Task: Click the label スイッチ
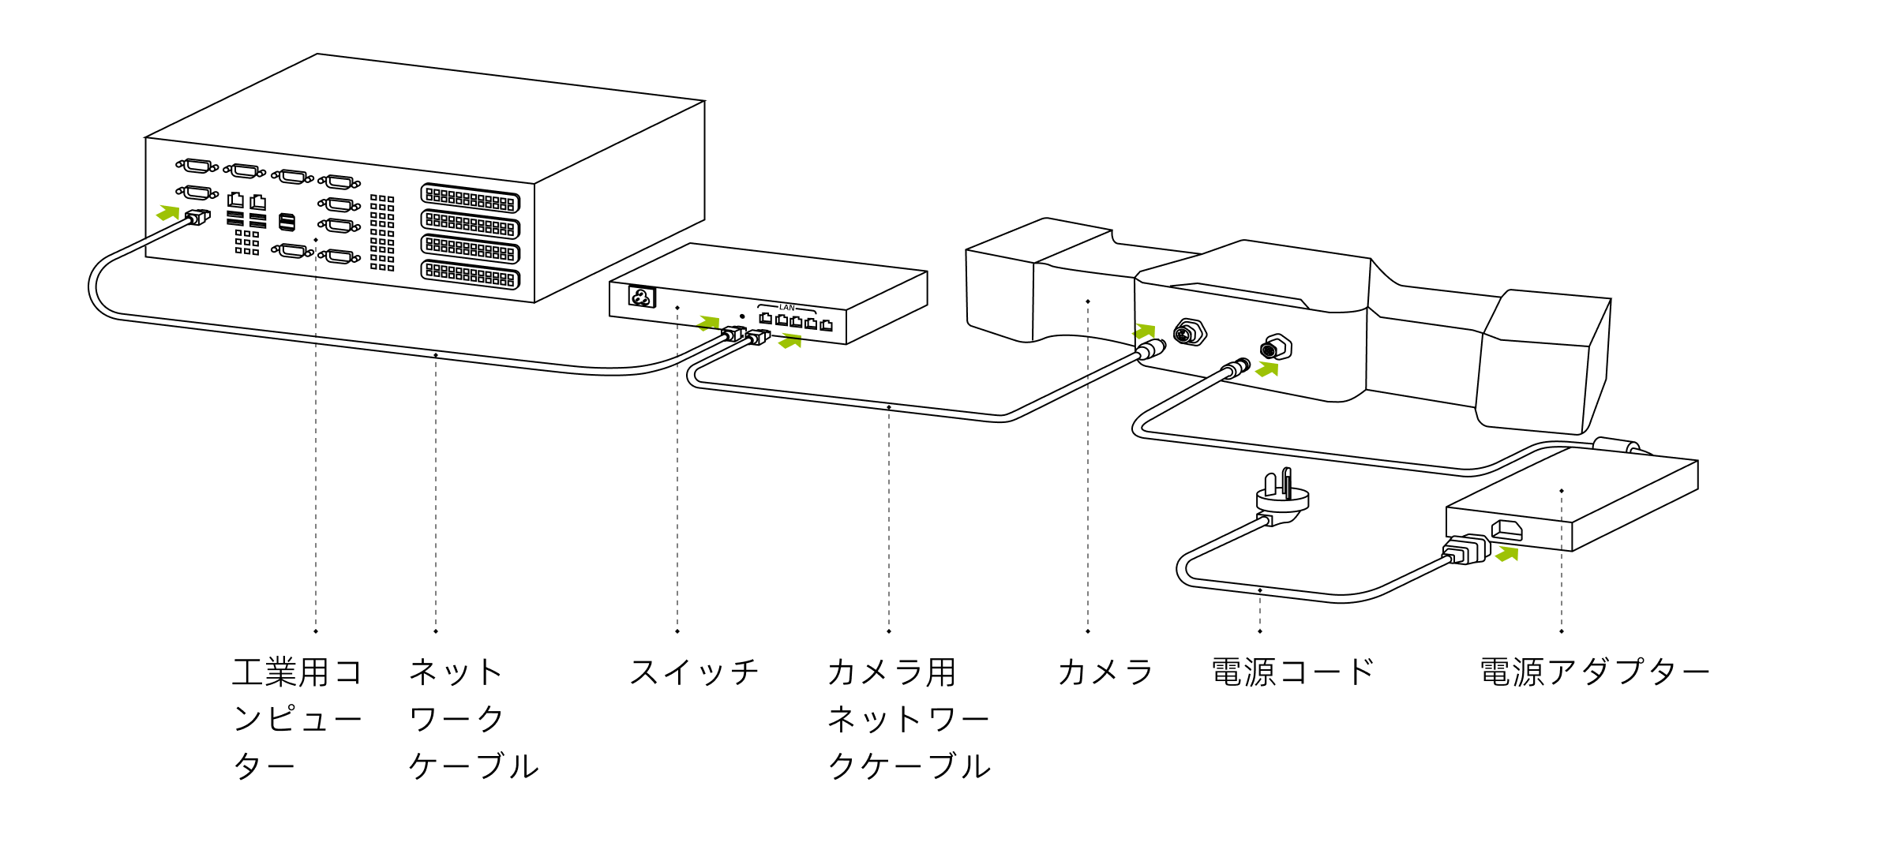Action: tap(693, 672)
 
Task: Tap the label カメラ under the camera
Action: tap(1105, 672)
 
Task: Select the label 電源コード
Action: tap(1292, 672)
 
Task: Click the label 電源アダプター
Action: tap(1594, 672)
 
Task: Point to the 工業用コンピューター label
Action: tap(297, 718)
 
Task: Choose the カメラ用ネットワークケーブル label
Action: tap(908, 718)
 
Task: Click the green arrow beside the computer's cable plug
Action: tap(168, 212)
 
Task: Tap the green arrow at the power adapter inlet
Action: tap(1507, 554)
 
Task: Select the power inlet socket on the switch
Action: tap(641, 298)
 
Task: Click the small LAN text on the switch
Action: tap(786, 308)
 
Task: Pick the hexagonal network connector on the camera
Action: tap(1189, 333)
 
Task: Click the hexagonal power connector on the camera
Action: tap(1276, 347)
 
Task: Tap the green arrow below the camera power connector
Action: tap(1267, 369)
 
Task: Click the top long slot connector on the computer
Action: tap(471, 198)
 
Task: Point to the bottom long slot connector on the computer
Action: tap(471, 274)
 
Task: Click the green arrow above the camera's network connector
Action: tap(1145, 331)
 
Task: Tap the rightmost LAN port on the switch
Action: tap(826, 325)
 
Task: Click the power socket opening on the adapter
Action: tap(1506, 530)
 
